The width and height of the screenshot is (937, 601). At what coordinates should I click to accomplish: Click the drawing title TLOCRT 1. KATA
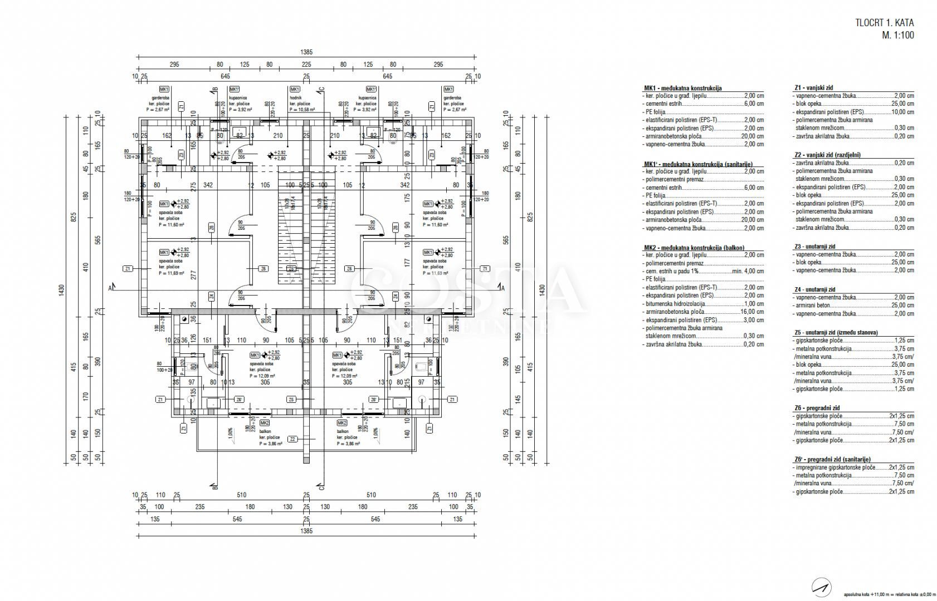pyautogui.click(x=884, y=23)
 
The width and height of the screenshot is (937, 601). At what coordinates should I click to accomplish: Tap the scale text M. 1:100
pyautogui.click(x=897, y=35)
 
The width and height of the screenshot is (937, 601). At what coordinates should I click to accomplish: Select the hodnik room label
pyautogui.click(x=295, y=98)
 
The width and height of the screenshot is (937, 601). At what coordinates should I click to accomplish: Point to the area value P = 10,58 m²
pyautogui.click(x=301, y=110)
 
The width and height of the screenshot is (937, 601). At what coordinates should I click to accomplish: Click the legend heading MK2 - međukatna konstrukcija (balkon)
pyautogui.click(x=694, y=248)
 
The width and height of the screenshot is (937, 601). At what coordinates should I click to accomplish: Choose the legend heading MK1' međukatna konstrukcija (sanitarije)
pyautogui.click(x=697, y=164)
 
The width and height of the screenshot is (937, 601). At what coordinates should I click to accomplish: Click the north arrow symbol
pyautogui.click(x=821, y=587)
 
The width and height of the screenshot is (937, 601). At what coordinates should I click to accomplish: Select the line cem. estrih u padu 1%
pyautogui.click(x=672, y=272)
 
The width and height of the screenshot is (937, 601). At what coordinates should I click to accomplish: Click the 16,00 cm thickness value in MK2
pyautogui.click(x=751, y=312)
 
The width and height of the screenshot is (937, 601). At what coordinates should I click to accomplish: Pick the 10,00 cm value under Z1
pyautogui.click(x=902, y=112)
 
